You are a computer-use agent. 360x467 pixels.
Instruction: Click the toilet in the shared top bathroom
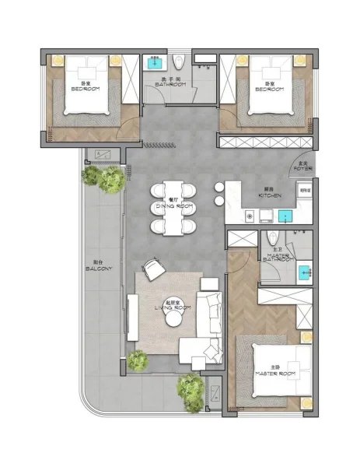(180, 62)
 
